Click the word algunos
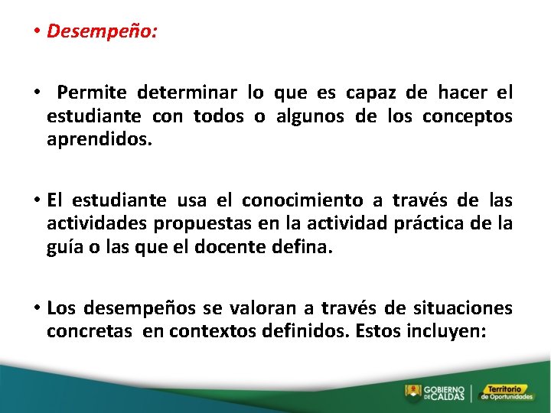tap(310, 117)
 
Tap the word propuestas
tap(198, 224)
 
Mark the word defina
tap(306, 249)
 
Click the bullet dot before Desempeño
tap(37, 32)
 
